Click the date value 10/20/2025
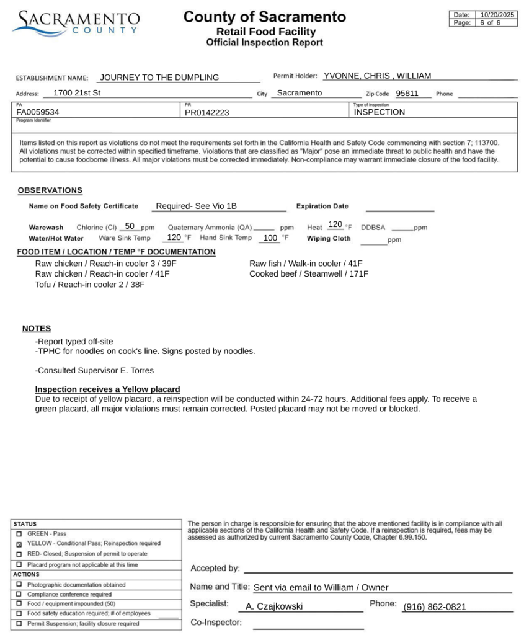497,15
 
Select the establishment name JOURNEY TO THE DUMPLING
159,78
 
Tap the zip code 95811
407,94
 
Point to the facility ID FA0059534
38,112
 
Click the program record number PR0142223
207,112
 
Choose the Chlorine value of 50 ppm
130,226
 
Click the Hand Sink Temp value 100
270,238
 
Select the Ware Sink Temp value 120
174,238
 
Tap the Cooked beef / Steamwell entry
309,273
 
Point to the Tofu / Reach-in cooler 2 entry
90,285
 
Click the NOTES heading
37,328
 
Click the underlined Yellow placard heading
107,389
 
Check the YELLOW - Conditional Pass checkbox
19,544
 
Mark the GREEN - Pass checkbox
19,534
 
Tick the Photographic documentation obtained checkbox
19,584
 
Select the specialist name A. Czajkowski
274,606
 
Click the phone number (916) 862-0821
434,607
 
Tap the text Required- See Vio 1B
197,206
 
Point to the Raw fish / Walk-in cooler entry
306,264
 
